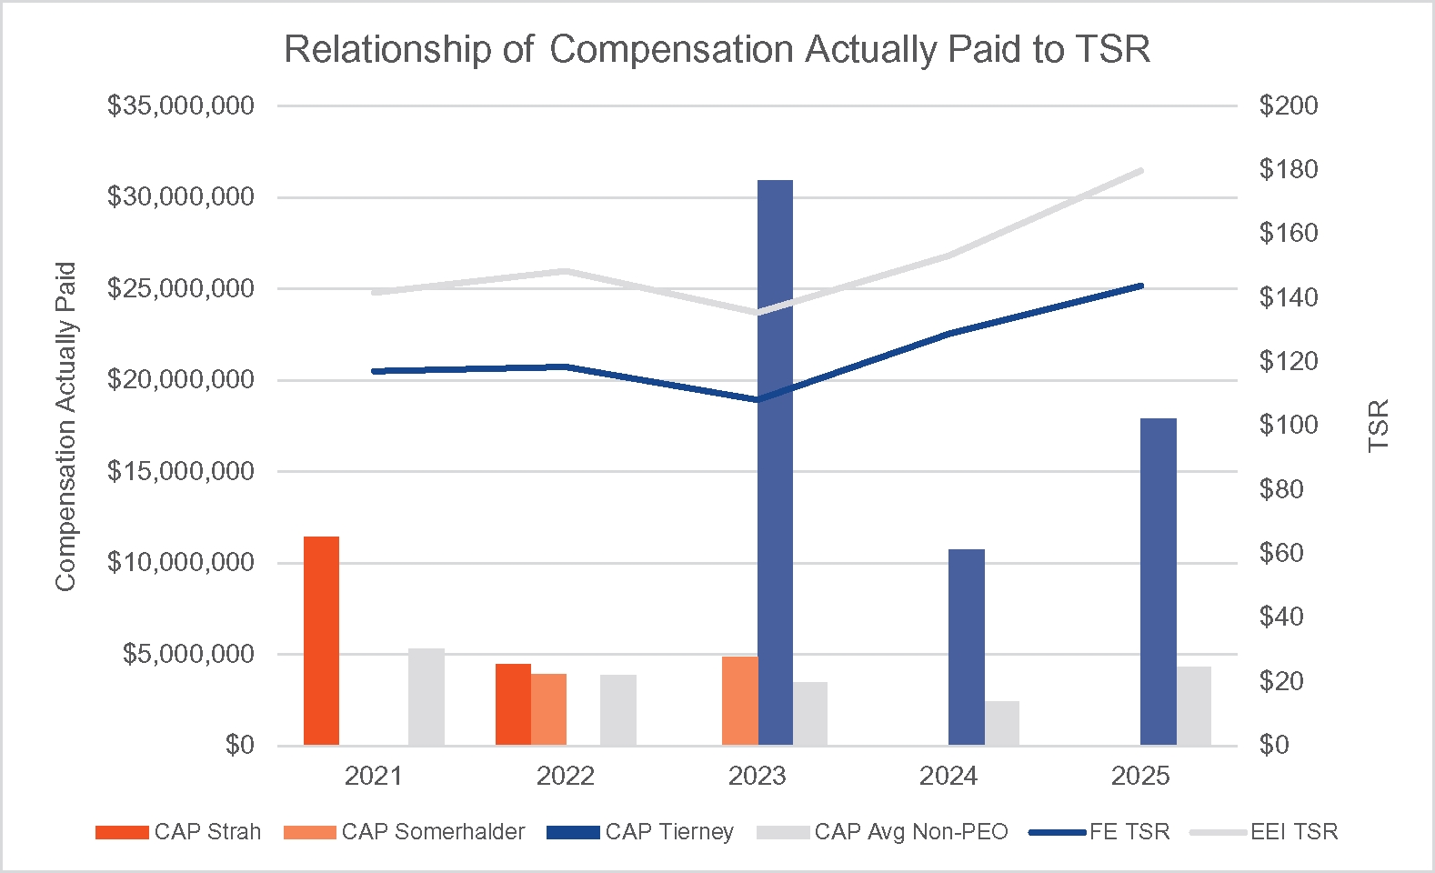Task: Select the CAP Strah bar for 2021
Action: pyautogui.click(x=321, y=640)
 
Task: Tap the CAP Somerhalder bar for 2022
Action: pyautogui.click(x=548, y=709)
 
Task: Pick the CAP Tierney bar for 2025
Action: pyautogui.click(x=1158, y=581)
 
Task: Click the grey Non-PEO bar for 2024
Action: pyautogui.click(x=1002, y=723)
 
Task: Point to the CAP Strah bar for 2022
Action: pyautogui.click(x=513, y=704)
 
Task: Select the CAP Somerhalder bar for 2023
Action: pyautogui.click(x=739, y=700)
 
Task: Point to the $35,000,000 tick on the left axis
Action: pyautogui.click(x=180, y=106)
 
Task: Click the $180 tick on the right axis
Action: pyautogui.click(x=1288, y=169)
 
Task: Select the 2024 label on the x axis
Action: pyautogui.click(x=948, y=776)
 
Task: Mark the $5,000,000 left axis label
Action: pyautogui.click(x=188, y=654)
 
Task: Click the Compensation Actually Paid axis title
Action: pyautogui.click(x=65, y=426)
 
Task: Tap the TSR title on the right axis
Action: pyautogui.click(x=1379, y=426)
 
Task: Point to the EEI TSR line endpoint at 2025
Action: pyautogui.click(x=1140, y=170)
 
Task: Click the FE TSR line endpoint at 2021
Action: pyautogui.click(x=374, y=371)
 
